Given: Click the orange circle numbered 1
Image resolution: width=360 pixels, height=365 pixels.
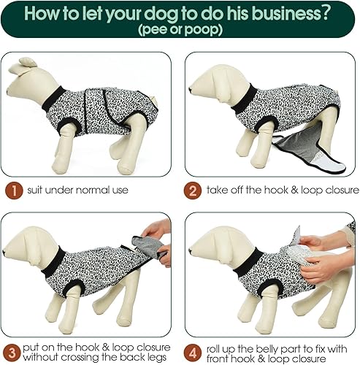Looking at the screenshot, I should [12, 191].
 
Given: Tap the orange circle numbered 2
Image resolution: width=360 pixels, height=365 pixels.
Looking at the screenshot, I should [193, 191].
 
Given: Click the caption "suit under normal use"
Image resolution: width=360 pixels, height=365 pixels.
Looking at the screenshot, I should [74, 191].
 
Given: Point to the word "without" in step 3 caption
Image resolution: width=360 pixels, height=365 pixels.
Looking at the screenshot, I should [48, 358].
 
